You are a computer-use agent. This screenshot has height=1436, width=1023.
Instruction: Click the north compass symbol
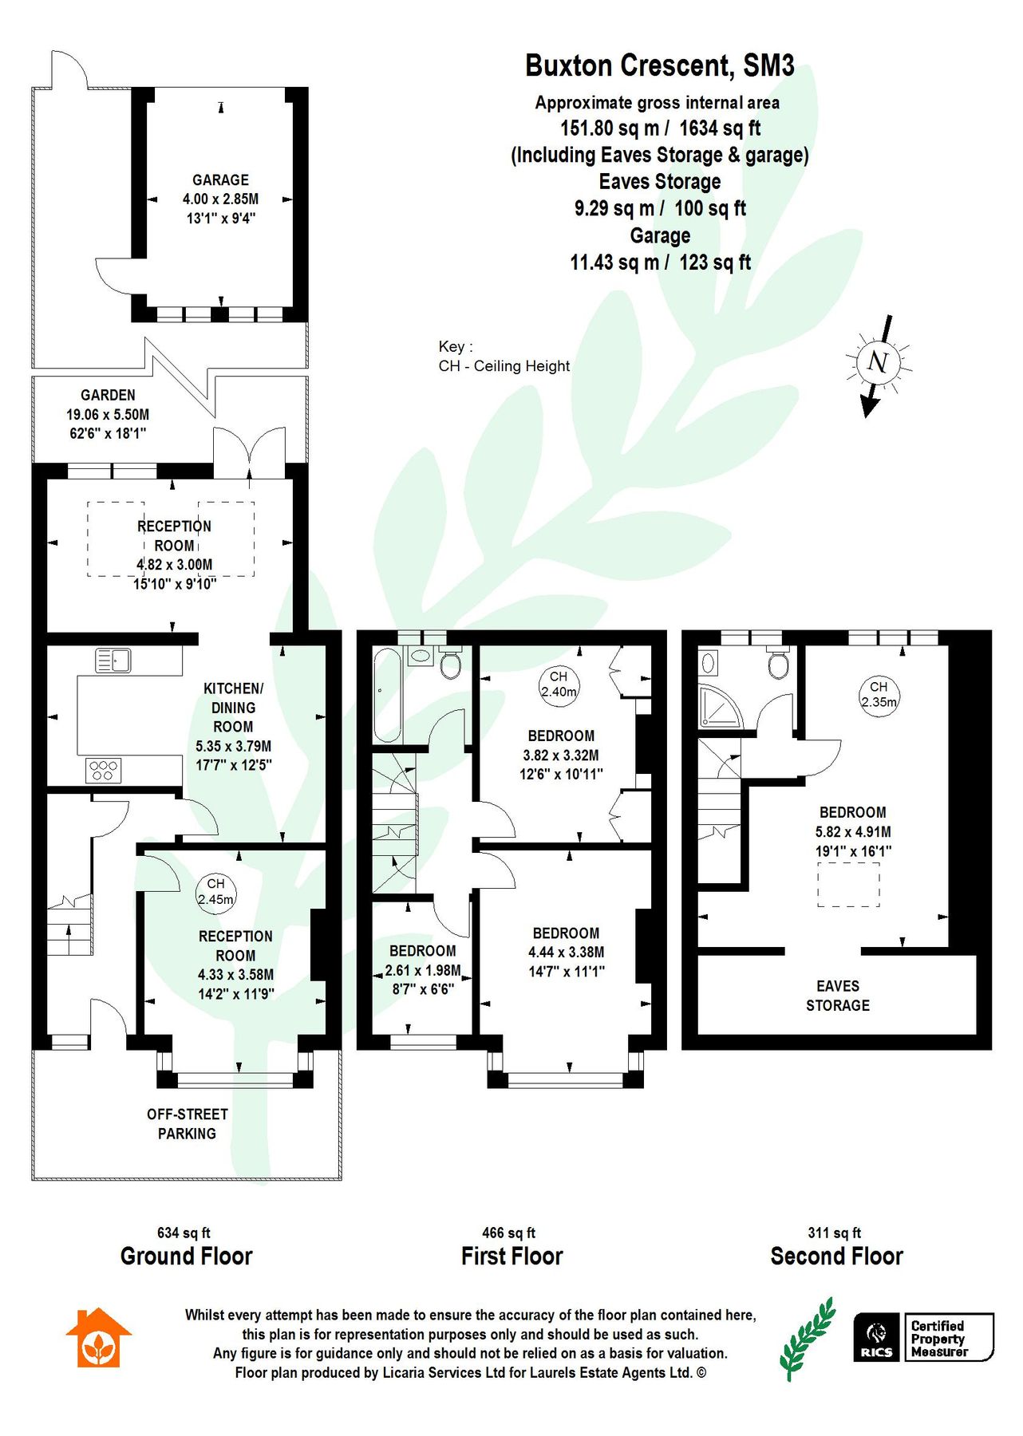(x=878, y=363)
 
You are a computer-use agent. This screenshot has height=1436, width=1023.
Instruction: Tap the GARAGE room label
(x=220, y=180)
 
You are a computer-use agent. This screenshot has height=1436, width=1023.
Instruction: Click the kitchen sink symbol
(x=113, y=661)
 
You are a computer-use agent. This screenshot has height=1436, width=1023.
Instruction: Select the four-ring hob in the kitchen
(x=104, y=770)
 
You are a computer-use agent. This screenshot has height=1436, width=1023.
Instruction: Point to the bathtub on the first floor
(x=388, y=695)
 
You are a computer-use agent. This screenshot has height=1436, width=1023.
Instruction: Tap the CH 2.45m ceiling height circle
(x=215, y=892)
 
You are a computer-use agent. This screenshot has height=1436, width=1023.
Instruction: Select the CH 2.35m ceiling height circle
(x=879, y=694)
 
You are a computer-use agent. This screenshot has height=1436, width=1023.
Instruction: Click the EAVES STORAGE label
(x=837, y=996)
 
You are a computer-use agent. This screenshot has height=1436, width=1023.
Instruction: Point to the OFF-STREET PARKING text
(x=187, y=1123)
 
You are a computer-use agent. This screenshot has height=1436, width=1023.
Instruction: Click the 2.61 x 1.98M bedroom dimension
(x=422, y=970)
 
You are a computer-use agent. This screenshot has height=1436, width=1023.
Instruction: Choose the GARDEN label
(x=108, y=395)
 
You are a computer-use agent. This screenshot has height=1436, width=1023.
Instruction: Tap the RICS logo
(x=877, y=1337)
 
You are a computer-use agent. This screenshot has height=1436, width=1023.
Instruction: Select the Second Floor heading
(x=836, y=1256)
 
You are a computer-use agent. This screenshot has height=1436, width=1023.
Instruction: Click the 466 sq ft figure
(x=508, y=1233)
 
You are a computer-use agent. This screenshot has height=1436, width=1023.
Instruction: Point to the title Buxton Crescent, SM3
(x=659, y=65)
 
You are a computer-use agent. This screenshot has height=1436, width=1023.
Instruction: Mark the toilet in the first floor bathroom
(x=451, y=664)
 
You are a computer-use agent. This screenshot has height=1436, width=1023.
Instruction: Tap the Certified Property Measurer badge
(x=947, y=1338)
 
